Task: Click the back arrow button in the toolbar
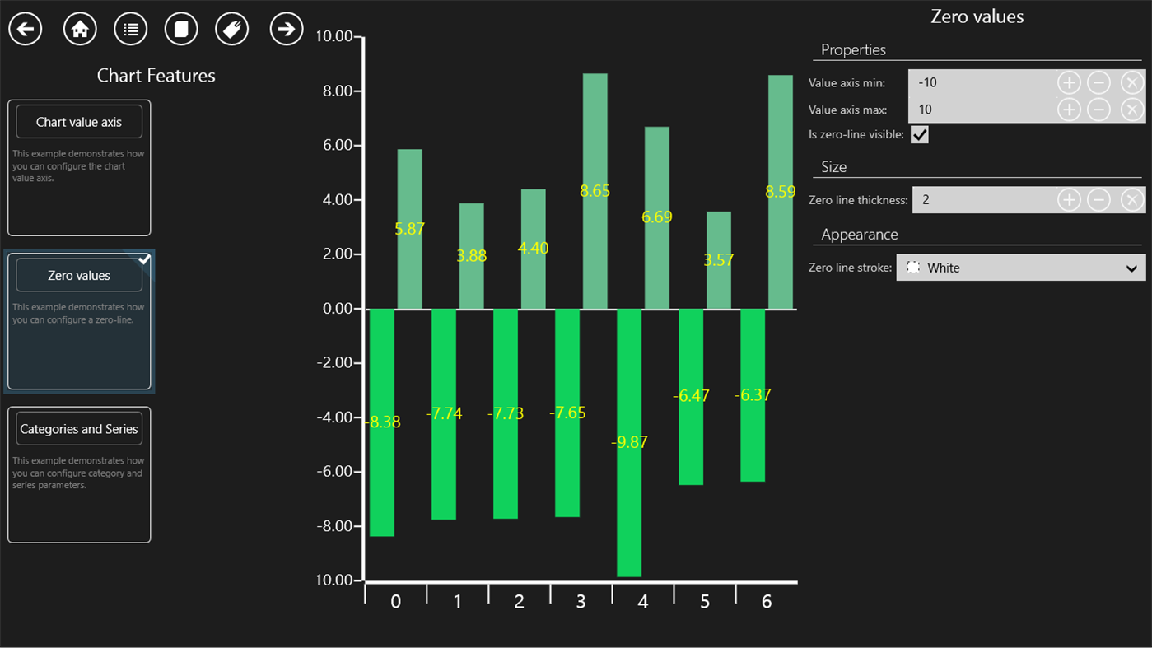[26, 30]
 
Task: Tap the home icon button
[80, 30]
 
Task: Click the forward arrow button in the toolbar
[286, 30]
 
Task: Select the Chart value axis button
[79, 122]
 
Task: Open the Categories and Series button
[79, 429]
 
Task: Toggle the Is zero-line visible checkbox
[919, 134]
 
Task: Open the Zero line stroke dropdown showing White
[1020, 268]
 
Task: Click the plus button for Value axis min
[1068, 82]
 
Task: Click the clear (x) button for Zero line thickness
[1131, 200]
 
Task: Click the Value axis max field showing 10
[980, 110]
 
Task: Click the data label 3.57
[718, 260]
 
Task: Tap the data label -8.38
[384, 422]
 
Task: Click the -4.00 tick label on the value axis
[336, 417]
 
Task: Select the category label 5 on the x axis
[705, 602]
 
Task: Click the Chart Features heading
[156, 76]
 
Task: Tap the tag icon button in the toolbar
[231, 30]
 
